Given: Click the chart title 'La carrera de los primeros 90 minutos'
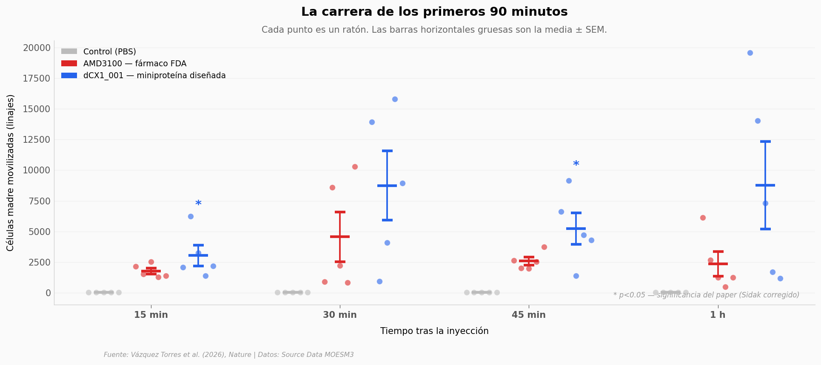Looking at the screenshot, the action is [x=434, y=12].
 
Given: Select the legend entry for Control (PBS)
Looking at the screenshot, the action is [x=99, y=51].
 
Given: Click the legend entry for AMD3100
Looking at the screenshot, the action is [x=124, y=63].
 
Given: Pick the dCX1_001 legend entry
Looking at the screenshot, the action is [x=143, y=75].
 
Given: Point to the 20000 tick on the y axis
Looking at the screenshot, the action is [x=37, y=48].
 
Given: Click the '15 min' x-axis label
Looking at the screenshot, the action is [x=151, y=315].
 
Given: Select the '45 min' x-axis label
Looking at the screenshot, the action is [x=529, y=315].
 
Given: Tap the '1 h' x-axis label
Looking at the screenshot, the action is [x=718, y=315].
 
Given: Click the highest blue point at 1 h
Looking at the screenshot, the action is [x=750, y=53].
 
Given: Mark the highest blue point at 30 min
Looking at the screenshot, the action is [x=395, y=99].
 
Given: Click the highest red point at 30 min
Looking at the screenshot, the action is [x=355, y=167].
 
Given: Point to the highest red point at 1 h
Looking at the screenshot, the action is [x=703, y=218].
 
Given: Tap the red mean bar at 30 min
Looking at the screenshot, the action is [x=340, y=237].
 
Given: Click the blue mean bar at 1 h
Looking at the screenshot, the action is [x=765, y=185].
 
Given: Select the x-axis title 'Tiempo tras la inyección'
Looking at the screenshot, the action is [x=434, y=331].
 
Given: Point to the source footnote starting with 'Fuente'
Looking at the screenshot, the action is [x=229, y=355].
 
